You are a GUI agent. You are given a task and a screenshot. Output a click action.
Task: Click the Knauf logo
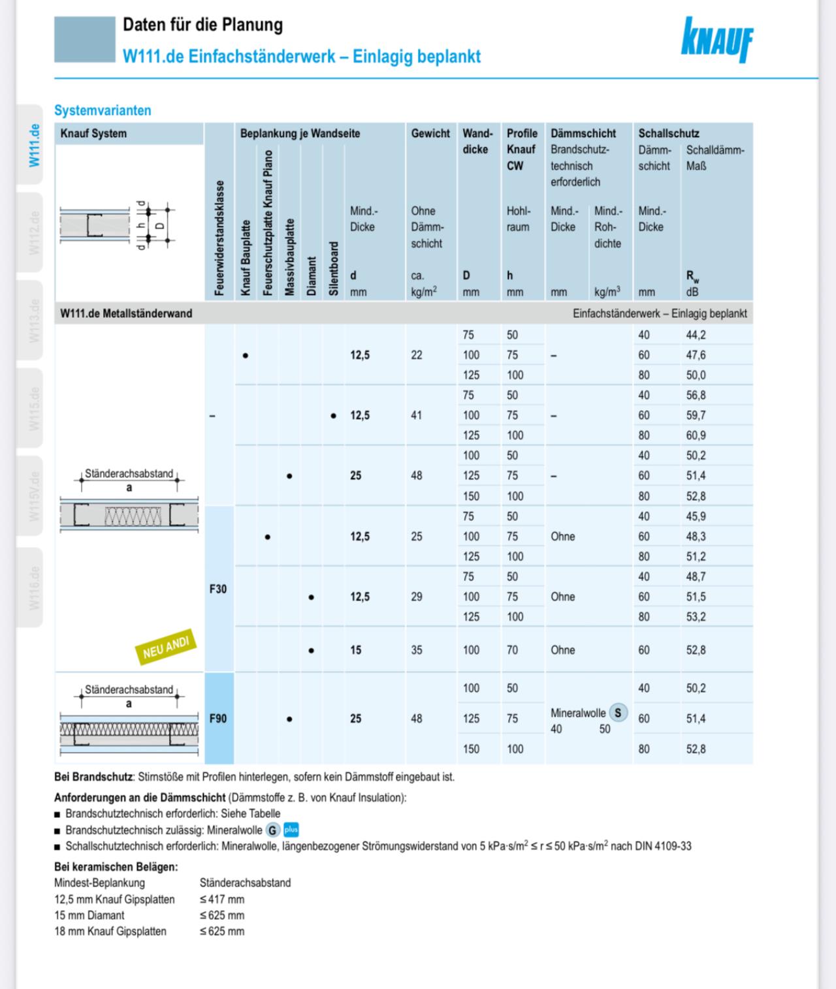(x=716, y=40)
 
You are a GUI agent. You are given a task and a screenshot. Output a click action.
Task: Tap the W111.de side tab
(x=34, y=145)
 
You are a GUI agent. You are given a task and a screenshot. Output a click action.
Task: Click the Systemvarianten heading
(x=103, y=110)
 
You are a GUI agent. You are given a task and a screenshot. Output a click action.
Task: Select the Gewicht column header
(x=430, y=133)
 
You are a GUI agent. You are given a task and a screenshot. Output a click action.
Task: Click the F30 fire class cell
(x=218, y=589)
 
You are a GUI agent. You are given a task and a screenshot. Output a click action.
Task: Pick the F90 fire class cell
(x=218, y=718)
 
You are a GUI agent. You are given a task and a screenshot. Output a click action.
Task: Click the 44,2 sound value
(x=696, y=335)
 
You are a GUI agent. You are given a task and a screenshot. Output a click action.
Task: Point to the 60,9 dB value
(x=696, y=435)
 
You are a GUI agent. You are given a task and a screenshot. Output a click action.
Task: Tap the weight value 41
(x=417, y=415)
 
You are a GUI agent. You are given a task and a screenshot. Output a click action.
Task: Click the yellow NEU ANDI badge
(x=166, y=648)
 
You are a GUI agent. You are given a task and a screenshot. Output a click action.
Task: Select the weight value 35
(x=417, y=650)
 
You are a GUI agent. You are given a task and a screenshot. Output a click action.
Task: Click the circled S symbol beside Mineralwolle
(x=618, y=713)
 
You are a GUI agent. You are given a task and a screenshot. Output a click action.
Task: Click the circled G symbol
(x=272, y=830)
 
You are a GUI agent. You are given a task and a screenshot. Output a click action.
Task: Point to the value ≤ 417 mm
(x=222, y=900)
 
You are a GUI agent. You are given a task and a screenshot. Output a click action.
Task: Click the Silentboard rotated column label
(x=334, y=268)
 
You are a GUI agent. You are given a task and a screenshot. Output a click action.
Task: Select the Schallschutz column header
(x=669, y=133)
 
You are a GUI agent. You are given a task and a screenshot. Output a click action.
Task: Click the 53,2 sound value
(x=696, y=617)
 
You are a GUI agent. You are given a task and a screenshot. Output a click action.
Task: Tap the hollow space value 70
(x=512, y=650)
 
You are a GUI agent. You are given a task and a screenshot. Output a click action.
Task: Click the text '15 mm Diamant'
(x=89, y=915)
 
